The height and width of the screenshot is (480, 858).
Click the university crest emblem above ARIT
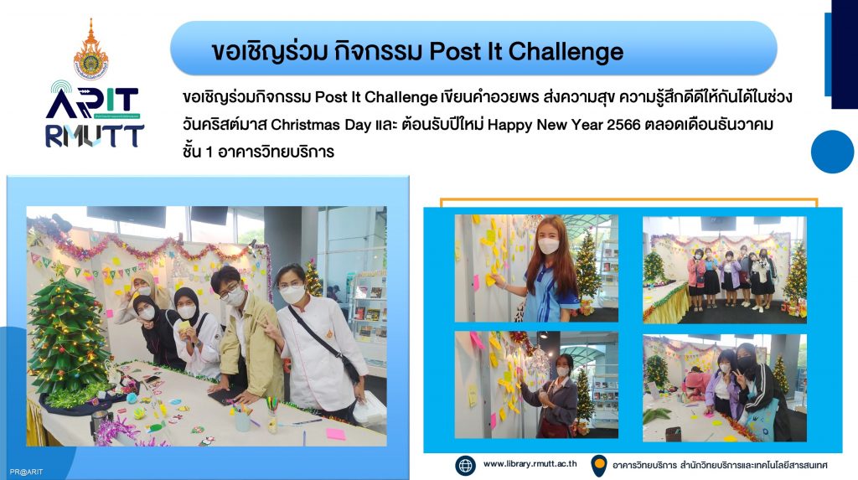coord(90,49)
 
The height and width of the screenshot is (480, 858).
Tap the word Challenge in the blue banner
coord(566,52)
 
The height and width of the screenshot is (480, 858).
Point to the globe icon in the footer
coord(465,465)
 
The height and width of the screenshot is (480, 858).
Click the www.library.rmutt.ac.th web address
coord(530,463)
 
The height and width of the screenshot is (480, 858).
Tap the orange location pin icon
coord(599,466)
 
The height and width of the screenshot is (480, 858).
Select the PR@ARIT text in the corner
coord(26,472)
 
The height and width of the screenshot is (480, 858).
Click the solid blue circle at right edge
coord(832,152)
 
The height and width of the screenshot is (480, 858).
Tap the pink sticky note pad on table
coord(336,434)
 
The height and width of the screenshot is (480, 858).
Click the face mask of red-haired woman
coord(548,245)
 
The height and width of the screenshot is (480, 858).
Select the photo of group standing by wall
coord(725,269)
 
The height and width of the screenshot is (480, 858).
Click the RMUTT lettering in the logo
coord(94,137)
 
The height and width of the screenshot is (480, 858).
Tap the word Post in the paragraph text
coord(331,97)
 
